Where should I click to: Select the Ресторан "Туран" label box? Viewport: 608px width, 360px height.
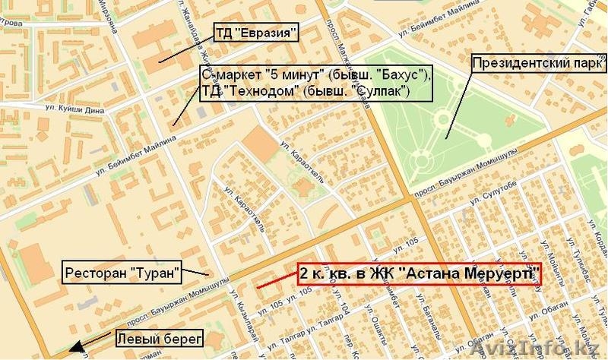point(122,270)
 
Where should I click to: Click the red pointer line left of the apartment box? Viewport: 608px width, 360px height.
point(276,282)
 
